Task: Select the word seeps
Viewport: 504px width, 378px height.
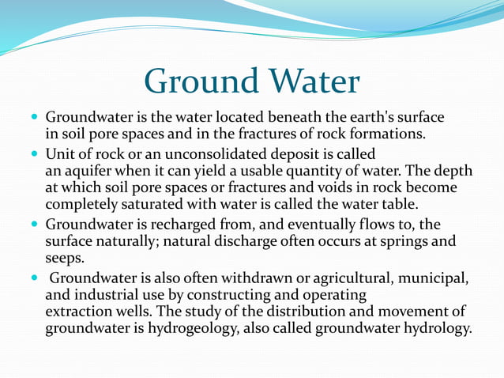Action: point(63,259)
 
